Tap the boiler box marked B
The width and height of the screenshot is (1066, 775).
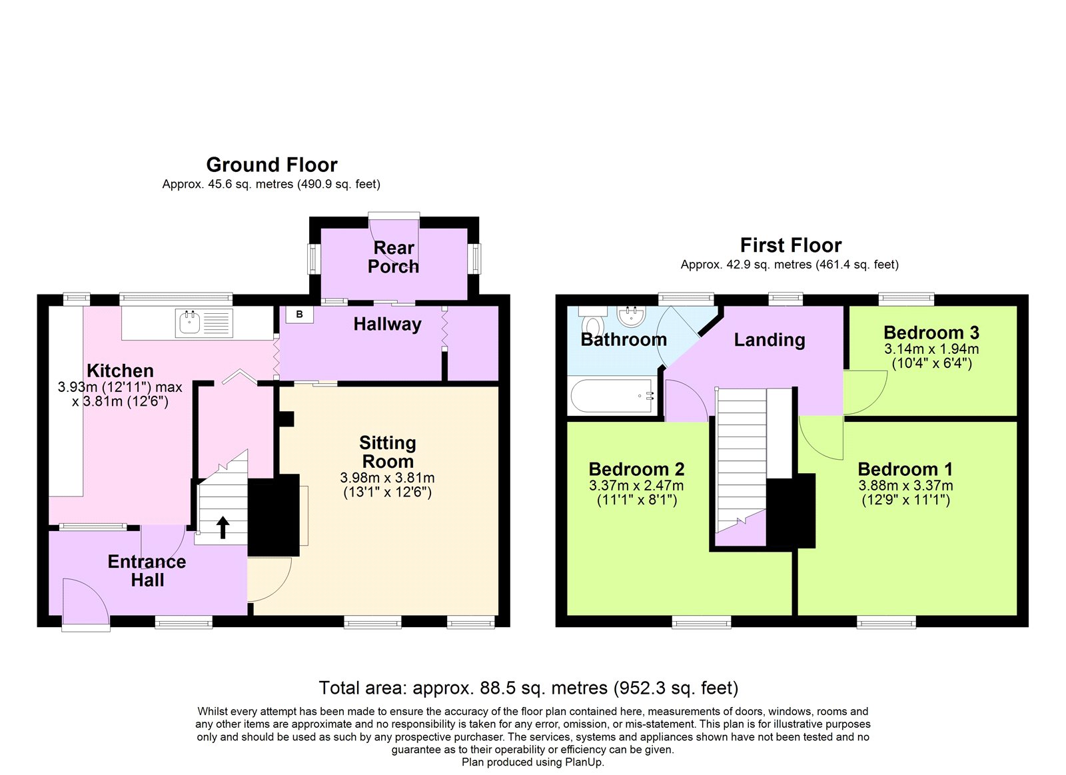pyautogui.click(x=299, y=315)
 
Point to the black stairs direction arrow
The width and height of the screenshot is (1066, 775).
pyautogui.click(x=223, y=527)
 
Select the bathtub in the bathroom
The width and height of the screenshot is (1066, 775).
pyautogui.click(x=610, y=396)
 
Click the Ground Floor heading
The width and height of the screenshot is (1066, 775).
pyautogui.click(x=272, y=165)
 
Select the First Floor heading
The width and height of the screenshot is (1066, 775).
pyautogui.click(x=790, y=245)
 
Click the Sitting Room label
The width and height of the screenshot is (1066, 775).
pyautogui.click(x=387, y=452)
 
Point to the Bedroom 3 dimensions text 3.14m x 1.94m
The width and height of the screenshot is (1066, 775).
pyautogui.click(x=931, y=349)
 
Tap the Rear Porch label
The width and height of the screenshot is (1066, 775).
pyautogui.click(x=393, y=257)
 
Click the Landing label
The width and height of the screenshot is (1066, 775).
pyautogui.click(x=770, y=340)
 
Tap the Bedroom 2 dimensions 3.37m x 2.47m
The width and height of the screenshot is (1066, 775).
pyautogui.click(x=636, y=486)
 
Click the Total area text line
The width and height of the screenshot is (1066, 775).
pyautogui.click(x=528, y=688)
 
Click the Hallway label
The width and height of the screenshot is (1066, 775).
pyautogui.click(x=387, y=325)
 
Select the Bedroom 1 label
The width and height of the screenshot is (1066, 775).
pyautogui.click(x=905, y=469)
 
